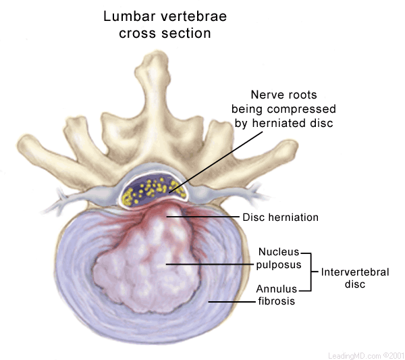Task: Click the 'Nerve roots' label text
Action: pyautogui.click(x=283, y=95)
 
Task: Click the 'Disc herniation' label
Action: pyautogui.click(x=280, y=217)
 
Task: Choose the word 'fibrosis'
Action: pyautogui.click(x=276, y=302)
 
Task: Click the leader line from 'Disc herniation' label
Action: pyautogui.click(x=202, y=217)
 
